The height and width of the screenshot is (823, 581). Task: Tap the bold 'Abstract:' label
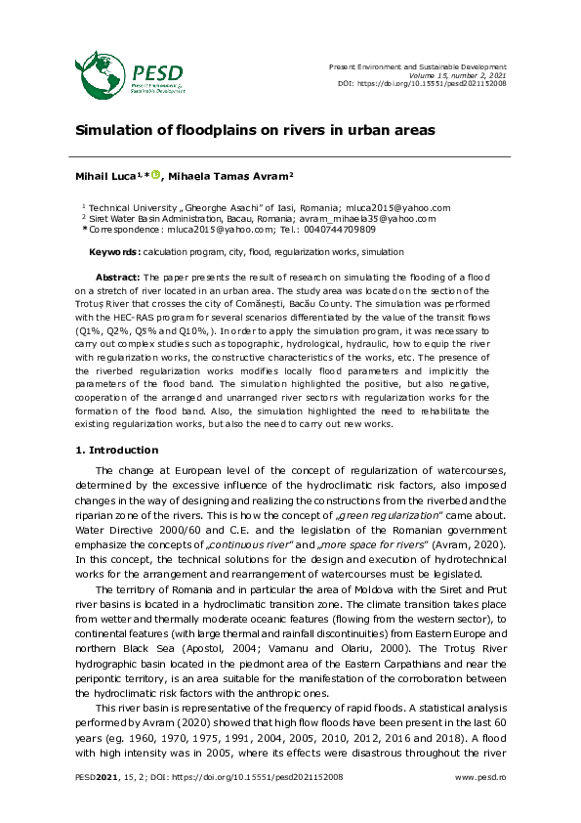pyautogui.click(x=117, y=278)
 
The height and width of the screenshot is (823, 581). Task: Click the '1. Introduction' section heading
pyautogui.click(x=117, y=450)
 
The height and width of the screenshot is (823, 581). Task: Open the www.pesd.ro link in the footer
pyautogui.click(x=481, y=777)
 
